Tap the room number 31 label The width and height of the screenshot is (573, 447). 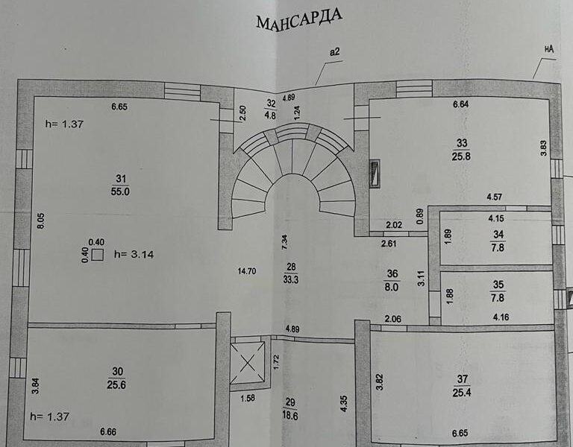pos(121,179)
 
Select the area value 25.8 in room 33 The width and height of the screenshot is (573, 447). pos(461,156)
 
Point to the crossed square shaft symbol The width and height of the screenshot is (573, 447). pos(248,363)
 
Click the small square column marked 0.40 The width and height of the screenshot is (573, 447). pos(97,255)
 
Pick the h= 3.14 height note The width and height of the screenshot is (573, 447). pos(134,254)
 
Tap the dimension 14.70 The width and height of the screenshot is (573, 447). pos(247,271)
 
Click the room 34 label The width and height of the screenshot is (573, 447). pos(498,234)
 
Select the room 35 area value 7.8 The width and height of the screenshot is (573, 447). pos(498,298)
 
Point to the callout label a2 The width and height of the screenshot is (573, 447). pos(334,52)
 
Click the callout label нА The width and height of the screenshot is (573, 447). pos(549,49)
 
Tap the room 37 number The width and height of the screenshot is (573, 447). pos(463,379)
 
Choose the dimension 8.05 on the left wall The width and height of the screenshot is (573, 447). pos(41,221)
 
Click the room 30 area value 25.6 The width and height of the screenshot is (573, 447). pos(116,384)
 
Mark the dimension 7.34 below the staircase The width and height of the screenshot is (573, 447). pos(285,242)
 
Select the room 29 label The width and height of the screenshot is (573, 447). pos(290,403)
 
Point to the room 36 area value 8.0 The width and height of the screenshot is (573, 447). pos(392,287)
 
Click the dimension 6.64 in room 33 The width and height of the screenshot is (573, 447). pos(461,104)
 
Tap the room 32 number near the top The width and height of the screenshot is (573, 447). pos(271,104)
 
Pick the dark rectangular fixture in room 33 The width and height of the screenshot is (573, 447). pos(375,174)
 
